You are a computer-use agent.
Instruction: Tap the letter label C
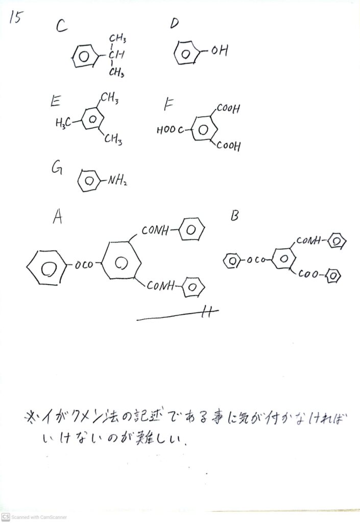pos(62,27)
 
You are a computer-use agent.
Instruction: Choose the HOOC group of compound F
pos(169,130)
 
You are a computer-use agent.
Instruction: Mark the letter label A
pos(58,218)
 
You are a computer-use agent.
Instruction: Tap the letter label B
pos(234,216)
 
